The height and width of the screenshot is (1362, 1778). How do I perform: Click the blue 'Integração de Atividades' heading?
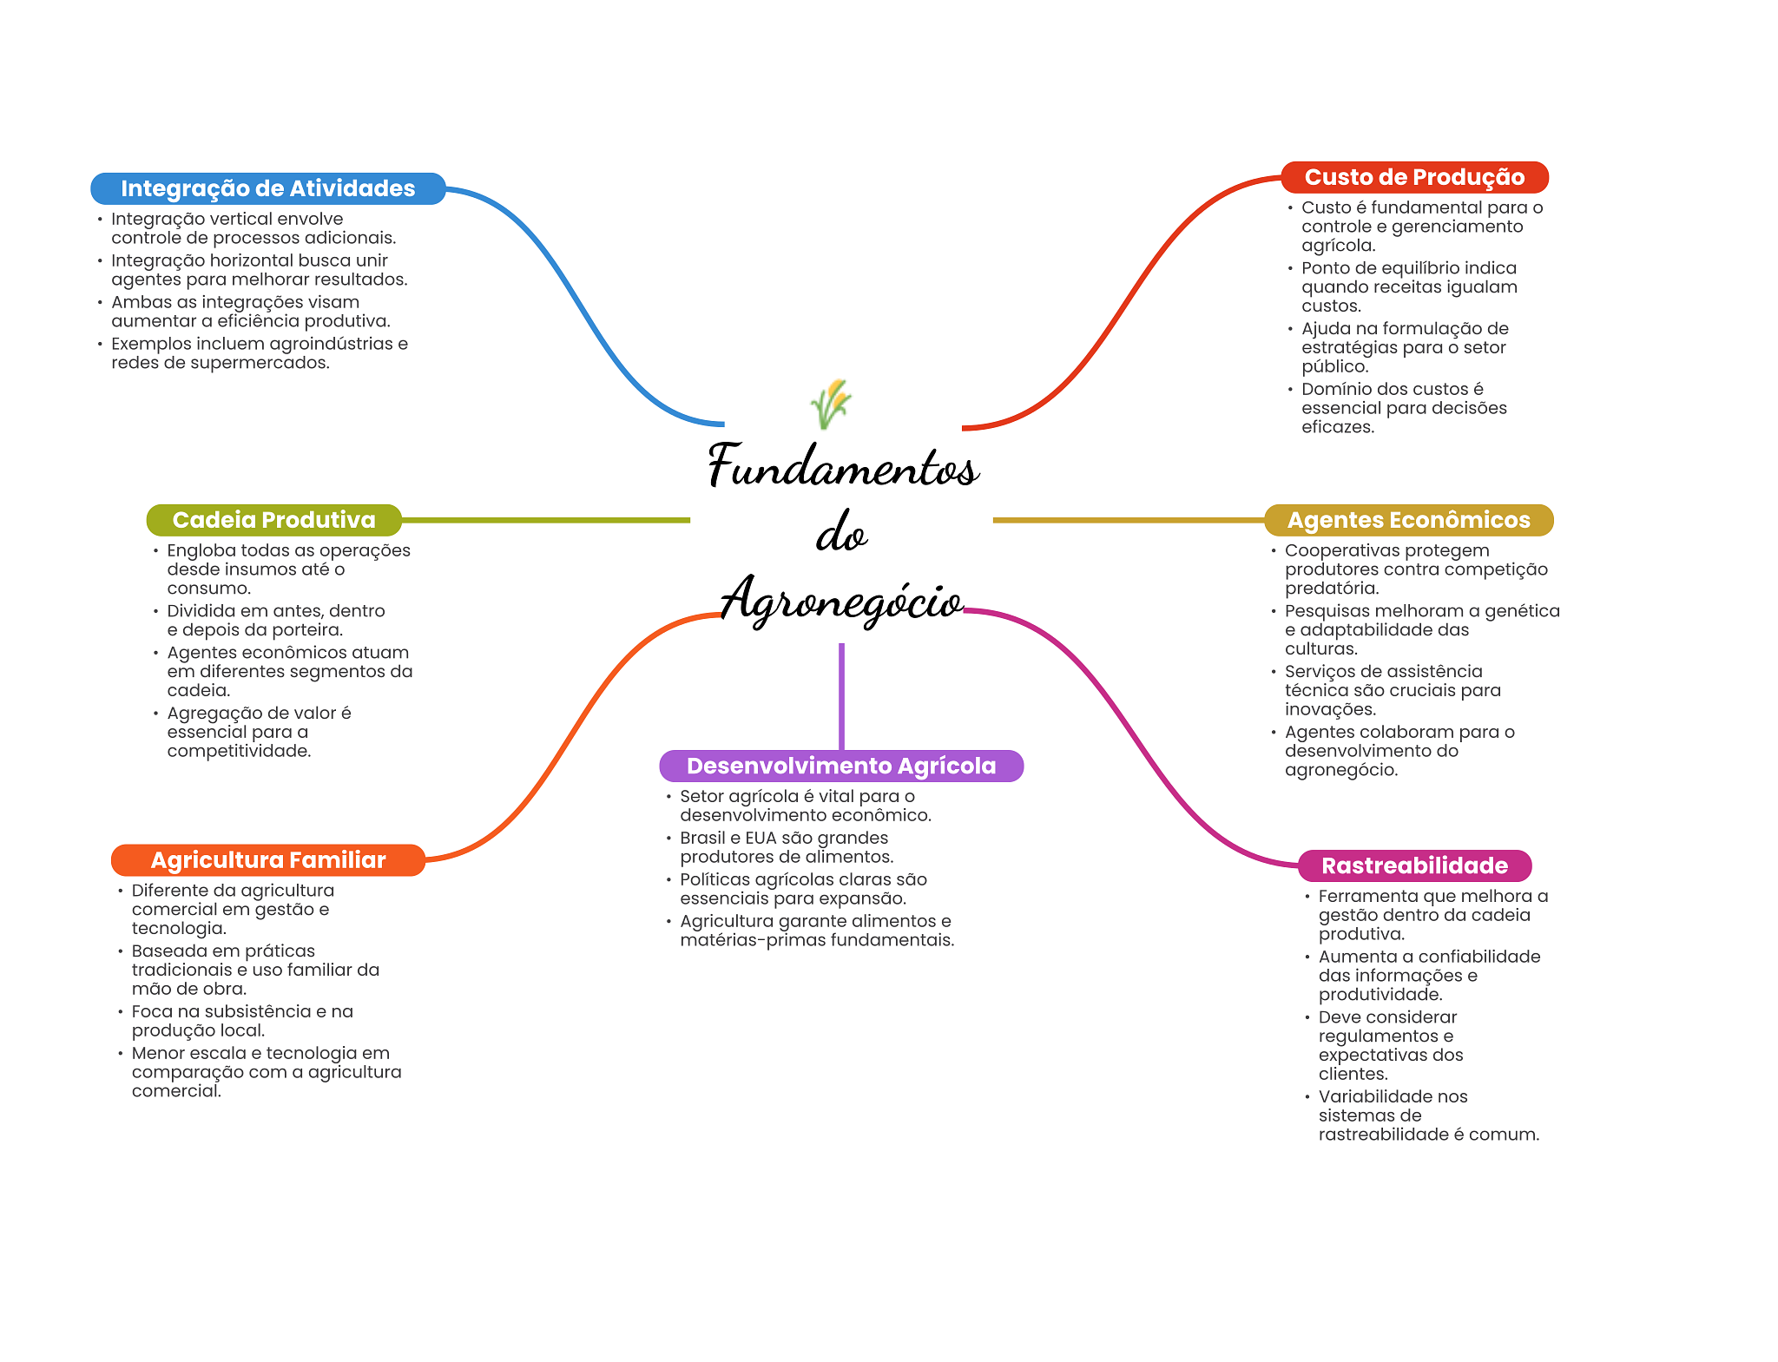click(x=267, y=188)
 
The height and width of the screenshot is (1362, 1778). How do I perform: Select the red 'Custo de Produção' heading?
click(x=1414, y=177)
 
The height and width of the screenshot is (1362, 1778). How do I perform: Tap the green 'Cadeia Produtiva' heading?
click(x=273, y=520)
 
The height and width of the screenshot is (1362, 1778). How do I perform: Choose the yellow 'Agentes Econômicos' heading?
click(x=1408, y=520)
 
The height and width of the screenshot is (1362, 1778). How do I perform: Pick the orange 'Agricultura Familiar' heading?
click(x=267, y=860)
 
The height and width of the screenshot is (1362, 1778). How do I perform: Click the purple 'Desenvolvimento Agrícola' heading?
click(x=840, y=766)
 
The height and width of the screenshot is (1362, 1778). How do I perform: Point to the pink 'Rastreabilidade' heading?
click(x=1414, y=865)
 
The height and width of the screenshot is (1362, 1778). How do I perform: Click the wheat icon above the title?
click(x=831, y=404)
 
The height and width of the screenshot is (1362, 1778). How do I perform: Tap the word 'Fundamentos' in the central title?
click(x=843, y=466)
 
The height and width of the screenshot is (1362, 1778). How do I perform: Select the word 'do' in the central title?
click(x=840, y=534)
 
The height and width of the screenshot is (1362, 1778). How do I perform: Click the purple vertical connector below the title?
click(x=841, y=694)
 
